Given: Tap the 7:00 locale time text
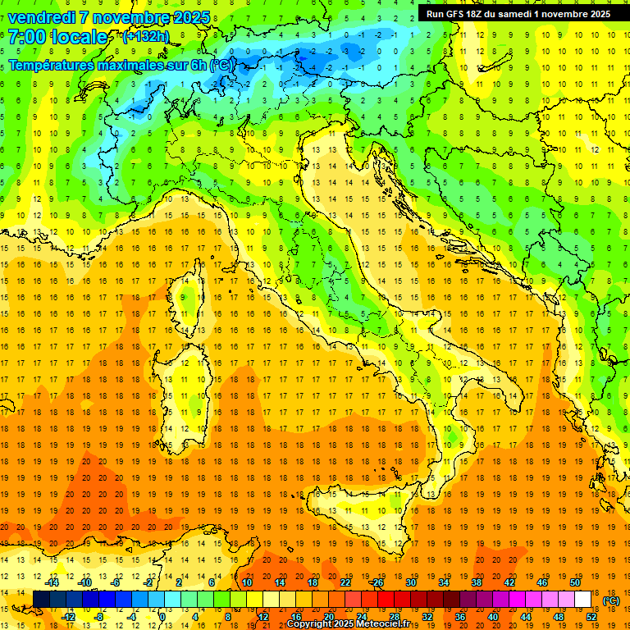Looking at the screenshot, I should point(57,37).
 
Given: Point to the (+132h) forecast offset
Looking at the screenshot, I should point(145,37).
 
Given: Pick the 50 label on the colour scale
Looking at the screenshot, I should point(574,582).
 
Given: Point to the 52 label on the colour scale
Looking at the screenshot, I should point(591,616).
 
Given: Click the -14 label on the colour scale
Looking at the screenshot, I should point(52,582).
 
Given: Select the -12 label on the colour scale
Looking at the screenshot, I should point(68,616).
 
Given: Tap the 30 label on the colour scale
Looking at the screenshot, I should point(411,582).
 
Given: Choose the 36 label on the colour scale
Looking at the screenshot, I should point(460,616).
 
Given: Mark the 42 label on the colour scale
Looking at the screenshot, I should point(509,582).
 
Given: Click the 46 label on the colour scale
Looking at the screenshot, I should point(541,582).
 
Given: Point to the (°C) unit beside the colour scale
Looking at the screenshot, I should point(611,600).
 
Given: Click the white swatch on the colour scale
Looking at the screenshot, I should point(583,599).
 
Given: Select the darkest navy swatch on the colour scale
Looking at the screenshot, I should point(42,599).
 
